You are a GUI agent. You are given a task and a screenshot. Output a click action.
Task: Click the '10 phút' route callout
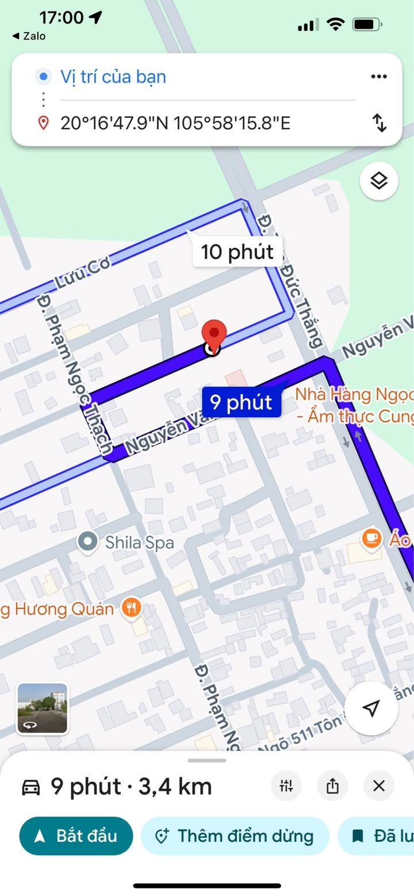pyautogui.click(x=237, y=251)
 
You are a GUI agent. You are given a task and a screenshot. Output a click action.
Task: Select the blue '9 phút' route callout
pyautogui.click(x=241, y=402)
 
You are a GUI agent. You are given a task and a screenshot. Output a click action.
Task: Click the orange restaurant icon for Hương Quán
pyautogui.click(x=132, y=608)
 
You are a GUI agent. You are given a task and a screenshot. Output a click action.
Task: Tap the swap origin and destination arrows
pyautogui.click(x=379, y=123)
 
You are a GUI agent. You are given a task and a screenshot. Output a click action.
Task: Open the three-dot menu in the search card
pyautogui.click(x=378, y=77)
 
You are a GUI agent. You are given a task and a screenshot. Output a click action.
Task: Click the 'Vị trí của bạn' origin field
pyautogui.click(x=113, y=77)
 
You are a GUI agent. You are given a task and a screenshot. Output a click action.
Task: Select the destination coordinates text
pyautogui.click(x=175, y=123)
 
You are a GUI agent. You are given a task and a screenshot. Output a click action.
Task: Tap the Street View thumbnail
pyautogui.click(x=43, y=708)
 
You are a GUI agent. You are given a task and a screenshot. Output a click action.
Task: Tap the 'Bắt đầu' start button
pyautogui.click(x=76, y=836)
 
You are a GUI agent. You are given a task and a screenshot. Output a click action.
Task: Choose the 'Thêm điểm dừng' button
pyautogui.click(x=235, y=836)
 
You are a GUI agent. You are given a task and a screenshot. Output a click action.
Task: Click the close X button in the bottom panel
pyautogui.click(x=379, y=786)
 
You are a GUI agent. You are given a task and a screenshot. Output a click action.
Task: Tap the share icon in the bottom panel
pyautogui.click(x=332, y=786)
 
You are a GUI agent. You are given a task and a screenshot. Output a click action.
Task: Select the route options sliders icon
pyautogui.click(x=286, y=786)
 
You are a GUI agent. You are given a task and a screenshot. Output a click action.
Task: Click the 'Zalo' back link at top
pyautogui.click(x=29, y=36)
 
